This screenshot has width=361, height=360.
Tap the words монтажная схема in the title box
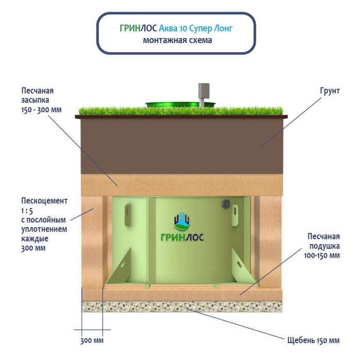tap(177, 40)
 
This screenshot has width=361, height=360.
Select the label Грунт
tap(329, 91)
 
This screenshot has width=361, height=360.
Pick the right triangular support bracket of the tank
tap(240, 265)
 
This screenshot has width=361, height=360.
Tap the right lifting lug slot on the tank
tap(235, 211)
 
